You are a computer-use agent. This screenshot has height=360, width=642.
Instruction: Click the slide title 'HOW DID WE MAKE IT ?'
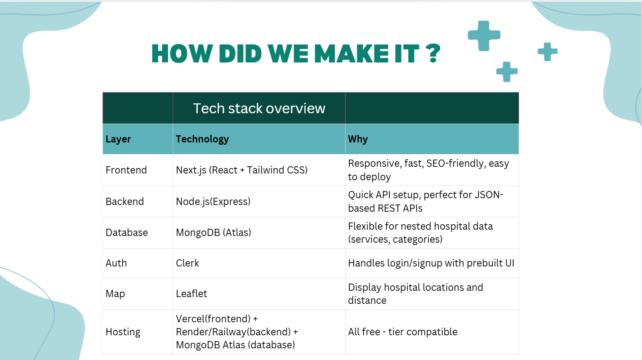point(296,53)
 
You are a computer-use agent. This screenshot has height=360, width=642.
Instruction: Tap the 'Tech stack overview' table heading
point(259,108)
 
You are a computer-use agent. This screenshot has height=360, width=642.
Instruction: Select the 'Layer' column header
point(118,139)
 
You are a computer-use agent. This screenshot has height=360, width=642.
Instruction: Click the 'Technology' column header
point(202,139)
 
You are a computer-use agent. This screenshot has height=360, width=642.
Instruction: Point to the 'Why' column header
point(358,139)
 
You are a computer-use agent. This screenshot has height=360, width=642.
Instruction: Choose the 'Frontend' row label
point(126,170)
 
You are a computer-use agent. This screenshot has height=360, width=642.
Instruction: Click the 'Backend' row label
point(125,201)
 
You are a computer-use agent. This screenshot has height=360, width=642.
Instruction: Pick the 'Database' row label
point(127,232)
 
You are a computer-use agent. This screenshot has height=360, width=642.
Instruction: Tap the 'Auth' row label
point(116,263)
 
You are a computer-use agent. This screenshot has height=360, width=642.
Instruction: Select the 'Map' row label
point(115,294)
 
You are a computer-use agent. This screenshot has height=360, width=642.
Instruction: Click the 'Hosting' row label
point(123,332)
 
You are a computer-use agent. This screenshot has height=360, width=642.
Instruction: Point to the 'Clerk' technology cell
point(187,263)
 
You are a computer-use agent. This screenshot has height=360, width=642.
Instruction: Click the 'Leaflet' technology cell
point(191,293)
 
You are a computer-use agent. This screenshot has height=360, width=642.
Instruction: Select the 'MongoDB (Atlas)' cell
point(213,232)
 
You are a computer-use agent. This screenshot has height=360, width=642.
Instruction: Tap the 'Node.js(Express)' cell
point(213,201)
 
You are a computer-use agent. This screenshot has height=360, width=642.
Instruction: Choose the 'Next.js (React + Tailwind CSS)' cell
point(241,170)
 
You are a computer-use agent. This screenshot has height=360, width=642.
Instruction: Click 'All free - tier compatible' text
point(403,332)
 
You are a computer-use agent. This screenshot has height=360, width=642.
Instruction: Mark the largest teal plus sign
point(484,36)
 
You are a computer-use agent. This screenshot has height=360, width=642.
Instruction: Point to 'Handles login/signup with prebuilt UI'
point(431,263)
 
